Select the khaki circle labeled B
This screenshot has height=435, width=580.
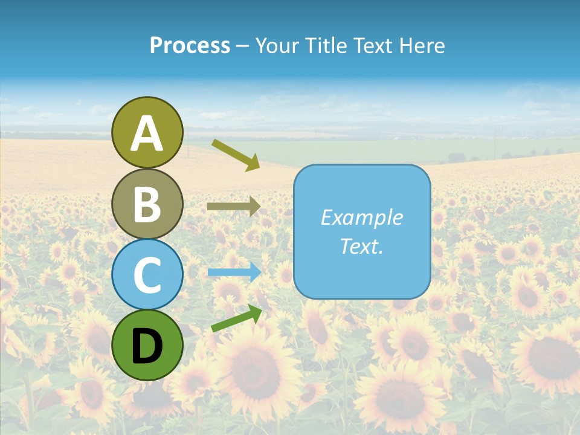(147, 204)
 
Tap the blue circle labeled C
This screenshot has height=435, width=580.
(147, 275)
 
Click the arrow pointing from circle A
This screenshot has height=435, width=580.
(236, 154)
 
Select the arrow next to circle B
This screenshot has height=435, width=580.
(233, 207)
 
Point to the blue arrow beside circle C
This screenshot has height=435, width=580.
(234, 272)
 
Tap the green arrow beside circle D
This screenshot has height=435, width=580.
(236, 318)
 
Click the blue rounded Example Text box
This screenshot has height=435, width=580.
(362, 231)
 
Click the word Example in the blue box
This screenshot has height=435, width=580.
(362, 217)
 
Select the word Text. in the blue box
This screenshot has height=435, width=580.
(362, 246)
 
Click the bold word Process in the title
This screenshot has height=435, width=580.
(190, 45)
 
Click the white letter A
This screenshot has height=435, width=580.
(147, 134)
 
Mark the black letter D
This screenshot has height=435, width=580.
(147, 346)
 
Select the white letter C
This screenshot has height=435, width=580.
(147, 275)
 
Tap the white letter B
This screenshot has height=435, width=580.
(147, 204)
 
